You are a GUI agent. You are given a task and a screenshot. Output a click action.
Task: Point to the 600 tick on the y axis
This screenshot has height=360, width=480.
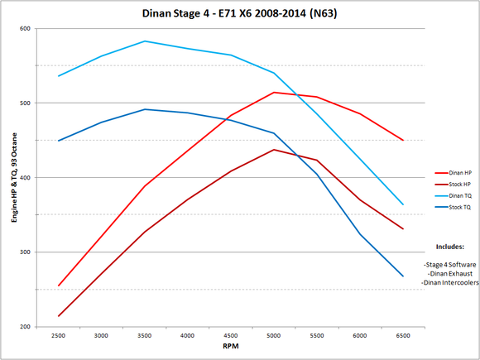[25, 29]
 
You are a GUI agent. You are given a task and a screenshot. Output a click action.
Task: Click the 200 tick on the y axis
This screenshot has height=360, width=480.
[25, 327]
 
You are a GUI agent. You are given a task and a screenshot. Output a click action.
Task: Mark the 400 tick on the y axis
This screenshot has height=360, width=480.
[25, 178]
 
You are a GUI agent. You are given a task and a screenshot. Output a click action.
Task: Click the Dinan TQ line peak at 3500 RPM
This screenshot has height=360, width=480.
[145, 41]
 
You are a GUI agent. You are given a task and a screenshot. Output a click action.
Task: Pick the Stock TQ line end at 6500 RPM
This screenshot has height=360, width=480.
[403, 276]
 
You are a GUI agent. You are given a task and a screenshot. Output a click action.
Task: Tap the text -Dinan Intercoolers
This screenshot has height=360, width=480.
[449, 283]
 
